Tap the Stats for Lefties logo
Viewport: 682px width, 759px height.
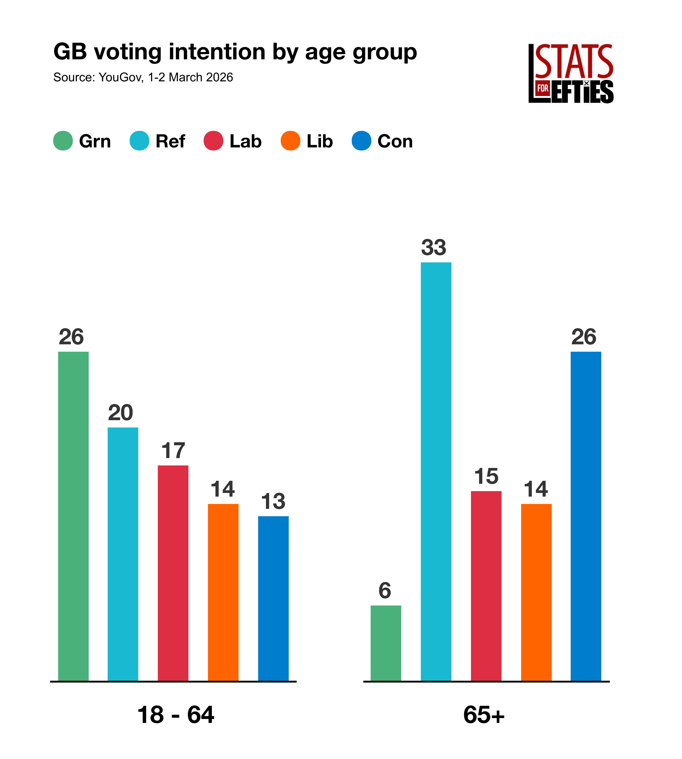(x=571, y=73)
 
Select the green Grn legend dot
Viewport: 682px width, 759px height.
(x=63, y=141)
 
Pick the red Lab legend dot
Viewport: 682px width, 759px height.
(x=213, y=141)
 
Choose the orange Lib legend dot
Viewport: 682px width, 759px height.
(x=290, y=141)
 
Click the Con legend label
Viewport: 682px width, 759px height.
(x=395, y=141)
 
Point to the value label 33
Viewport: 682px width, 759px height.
(x=433, y=248)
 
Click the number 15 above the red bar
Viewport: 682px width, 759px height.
(x=486, y=477)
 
